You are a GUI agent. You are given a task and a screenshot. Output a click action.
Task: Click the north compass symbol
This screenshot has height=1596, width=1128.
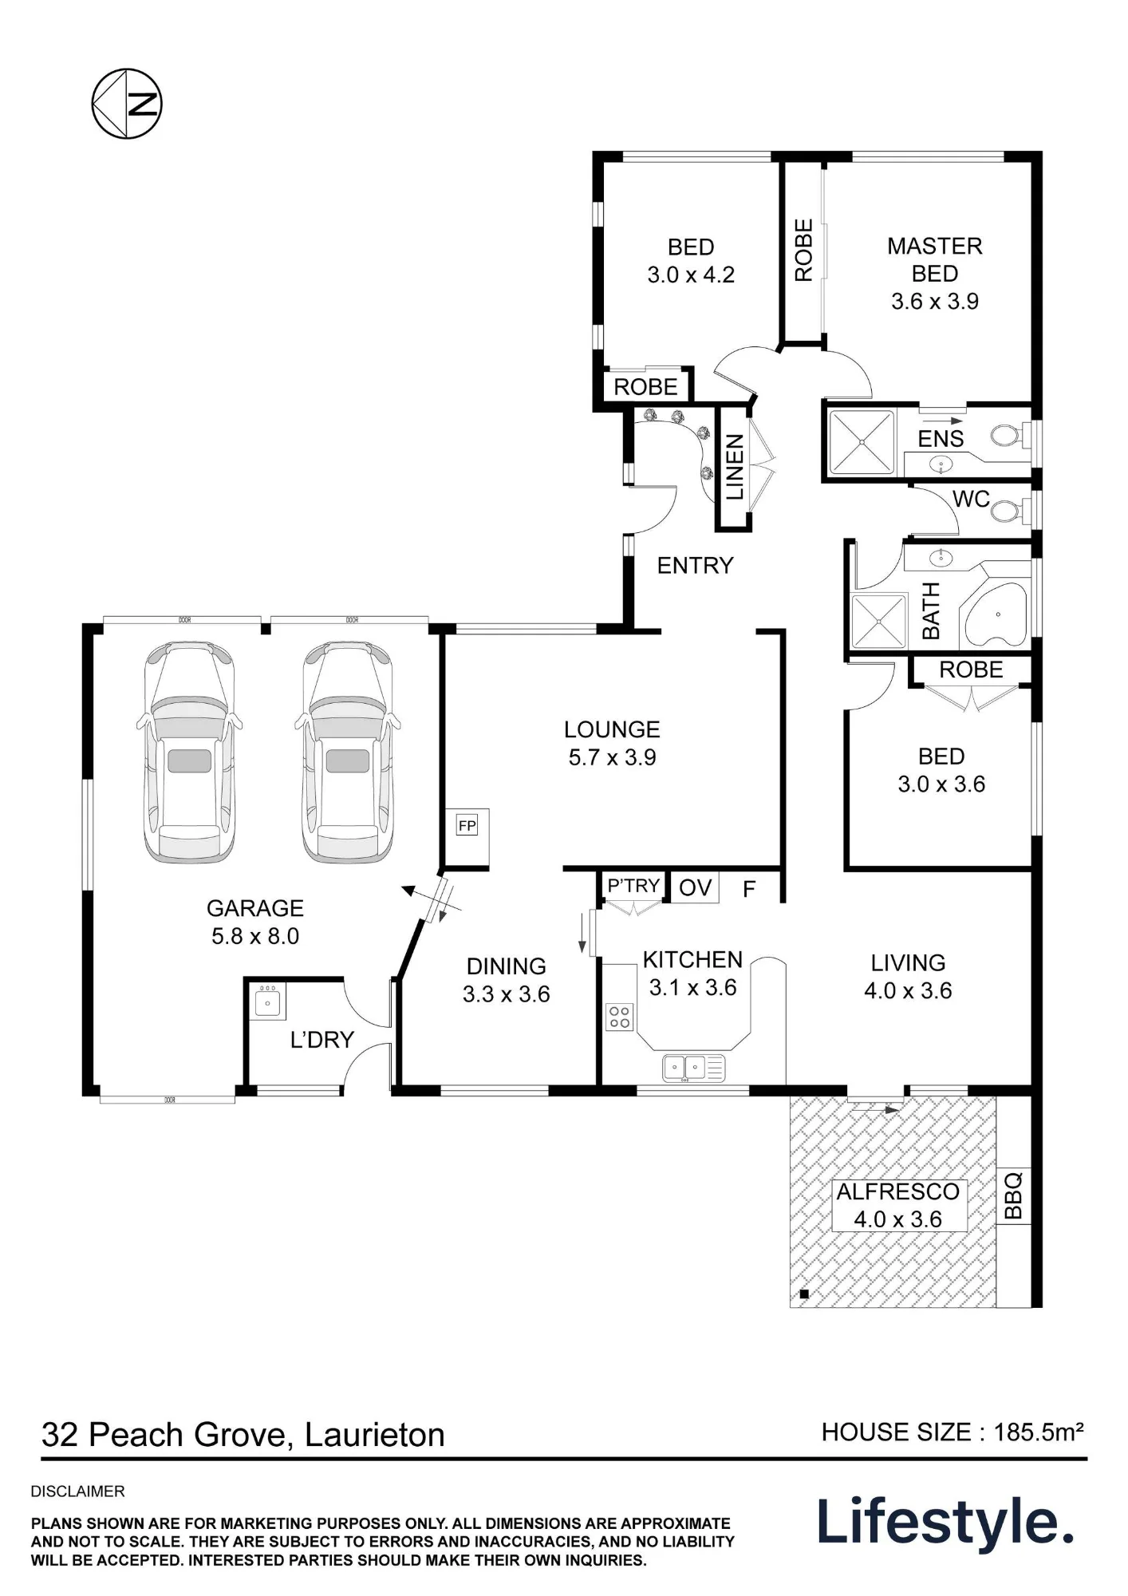tap(127, 104)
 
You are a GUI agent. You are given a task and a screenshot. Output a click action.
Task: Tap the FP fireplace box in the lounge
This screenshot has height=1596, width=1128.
tap(467, 826)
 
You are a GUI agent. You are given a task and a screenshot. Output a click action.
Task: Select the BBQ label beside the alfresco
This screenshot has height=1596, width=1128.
tap(1012, 1195)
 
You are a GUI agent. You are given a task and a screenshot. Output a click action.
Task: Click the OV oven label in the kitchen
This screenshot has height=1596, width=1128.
tap(695, 887)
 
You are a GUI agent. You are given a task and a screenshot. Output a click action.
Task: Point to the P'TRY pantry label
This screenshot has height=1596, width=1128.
tap(633, 886)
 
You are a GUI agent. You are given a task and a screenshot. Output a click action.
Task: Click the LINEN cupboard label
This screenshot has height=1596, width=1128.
tap(734, 468)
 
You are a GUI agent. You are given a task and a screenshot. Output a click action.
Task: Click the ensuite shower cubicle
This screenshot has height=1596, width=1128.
tap(861, 442)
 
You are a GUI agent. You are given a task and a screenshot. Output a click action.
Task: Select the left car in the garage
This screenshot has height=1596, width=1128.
tap(189, 752)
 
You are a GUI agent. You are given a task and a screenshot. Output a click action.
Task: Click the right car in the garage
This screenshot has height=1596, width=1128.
tap(347, 752)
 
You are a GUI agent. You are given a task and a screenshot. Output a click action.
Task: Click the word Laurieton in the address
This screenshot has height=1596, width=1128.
tap(374, 1435)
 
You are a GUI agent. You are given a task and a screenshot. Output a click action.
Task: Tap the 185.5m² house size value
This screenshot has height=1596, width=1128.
tap(1039, 1432)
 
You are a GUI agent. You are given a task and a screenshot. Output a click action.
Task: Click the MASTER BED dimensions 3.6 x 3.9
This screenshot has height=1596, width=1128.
tap(935, 302)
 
